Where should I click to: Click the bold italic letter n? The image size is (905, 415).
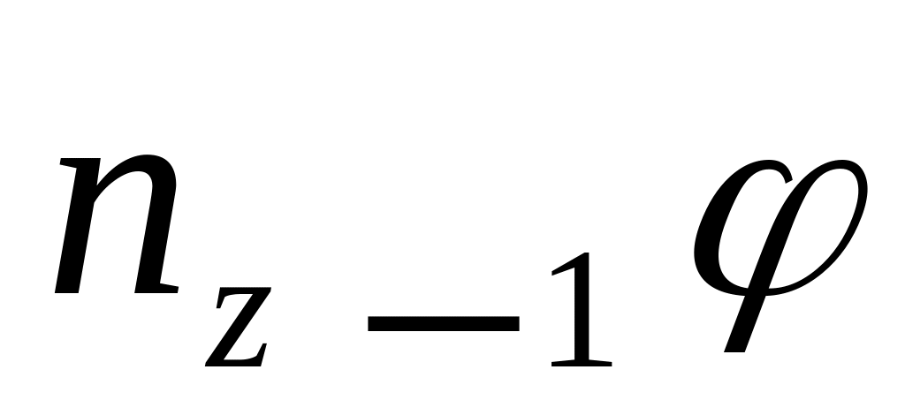119,228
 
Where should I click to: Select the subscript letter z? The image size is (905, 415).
236,335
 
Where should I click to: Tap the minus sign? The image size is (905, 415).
443,324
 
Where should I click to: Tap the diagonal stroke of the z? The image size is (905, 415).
237,335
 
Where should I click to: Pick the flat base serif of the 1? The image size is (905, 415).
580,362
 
